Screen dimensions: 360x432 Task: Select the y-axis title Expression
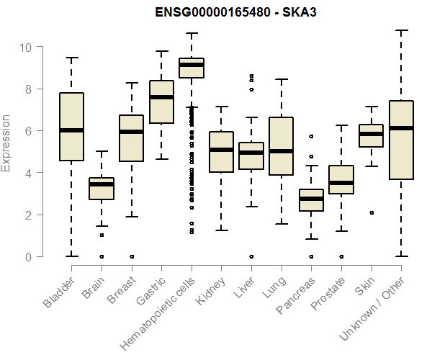6,143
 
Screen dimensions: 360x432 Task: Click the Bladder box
71,127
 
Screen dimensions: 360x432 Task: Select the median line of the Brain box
102,184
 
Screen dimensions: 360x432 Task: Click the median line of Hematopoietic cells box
192,65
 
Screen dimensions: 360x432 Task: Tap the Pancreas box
311,200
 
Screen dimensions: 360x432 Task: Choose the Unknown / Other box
401,140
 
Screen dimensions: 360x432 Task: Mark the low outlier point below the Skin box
371,212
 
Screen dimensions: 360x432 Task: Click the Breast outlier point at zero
131,256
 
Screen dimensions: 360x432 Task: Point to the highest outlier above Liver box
251,76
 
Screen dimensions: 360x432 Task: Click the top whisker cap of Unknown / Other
401,30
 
